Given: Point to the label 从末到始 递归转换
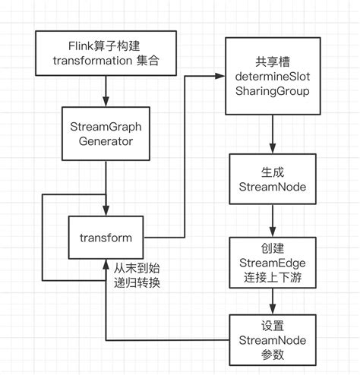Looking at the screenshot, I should (137, 276).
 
